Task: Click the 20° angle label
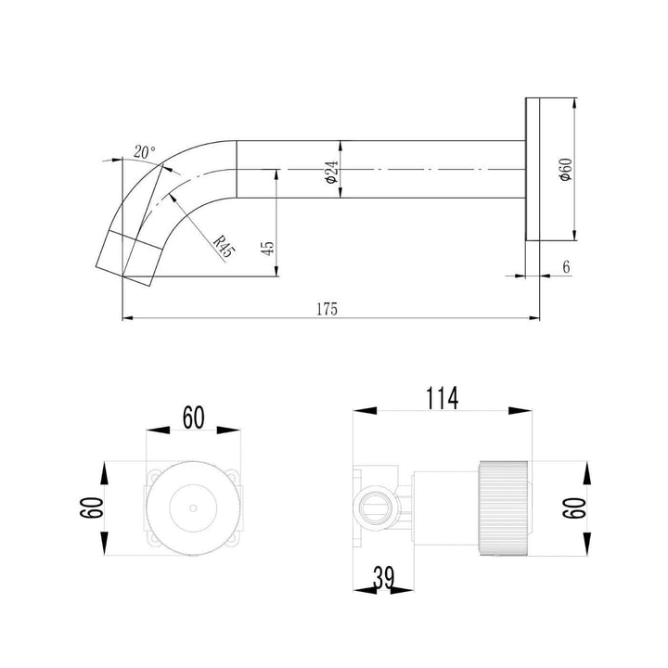[x=144, y=151]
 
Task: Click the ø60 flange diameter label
[x=566, y=170]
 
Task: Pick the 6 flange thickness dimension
[x=565, y=266]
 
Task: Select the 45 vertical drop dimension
[x=268, y=248]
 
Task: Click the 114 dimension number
[x=441, y=398]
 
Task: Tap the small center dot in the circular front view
[x=192, y=508]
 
